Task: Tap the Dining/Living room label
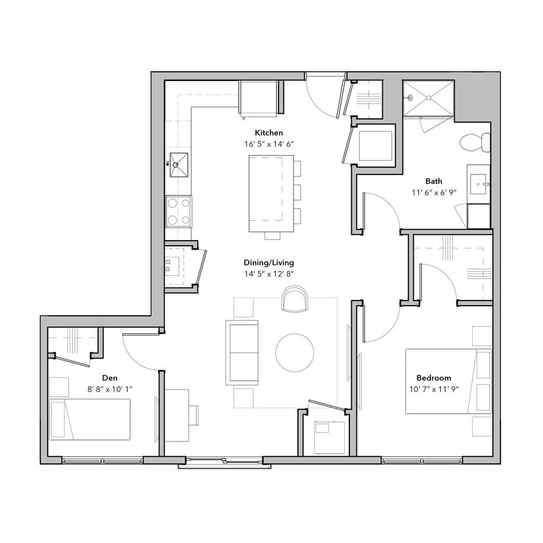click(x=269, y=262)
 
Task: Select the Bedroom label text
click(x=433, y=378)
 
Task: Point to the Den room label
click(x=111, y=378)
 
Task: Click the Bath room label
click(x=433, y=181)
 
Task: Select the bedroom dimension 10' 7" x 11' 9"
click(x=433, y=389)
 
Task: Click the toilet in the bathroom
click(x=477, y=142)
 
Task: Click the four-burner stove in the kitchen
click(x=178, y=211)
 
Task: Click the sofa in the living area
click(x=241, y=353)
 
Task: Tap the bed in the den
click(x=90, y=419)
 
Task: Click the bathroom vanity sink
click(x=479, y=187)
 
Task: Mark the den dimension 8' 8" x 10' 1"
click(x=111, y=389)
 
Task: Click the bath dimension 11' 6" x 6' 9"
click(x=433, y=192)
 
